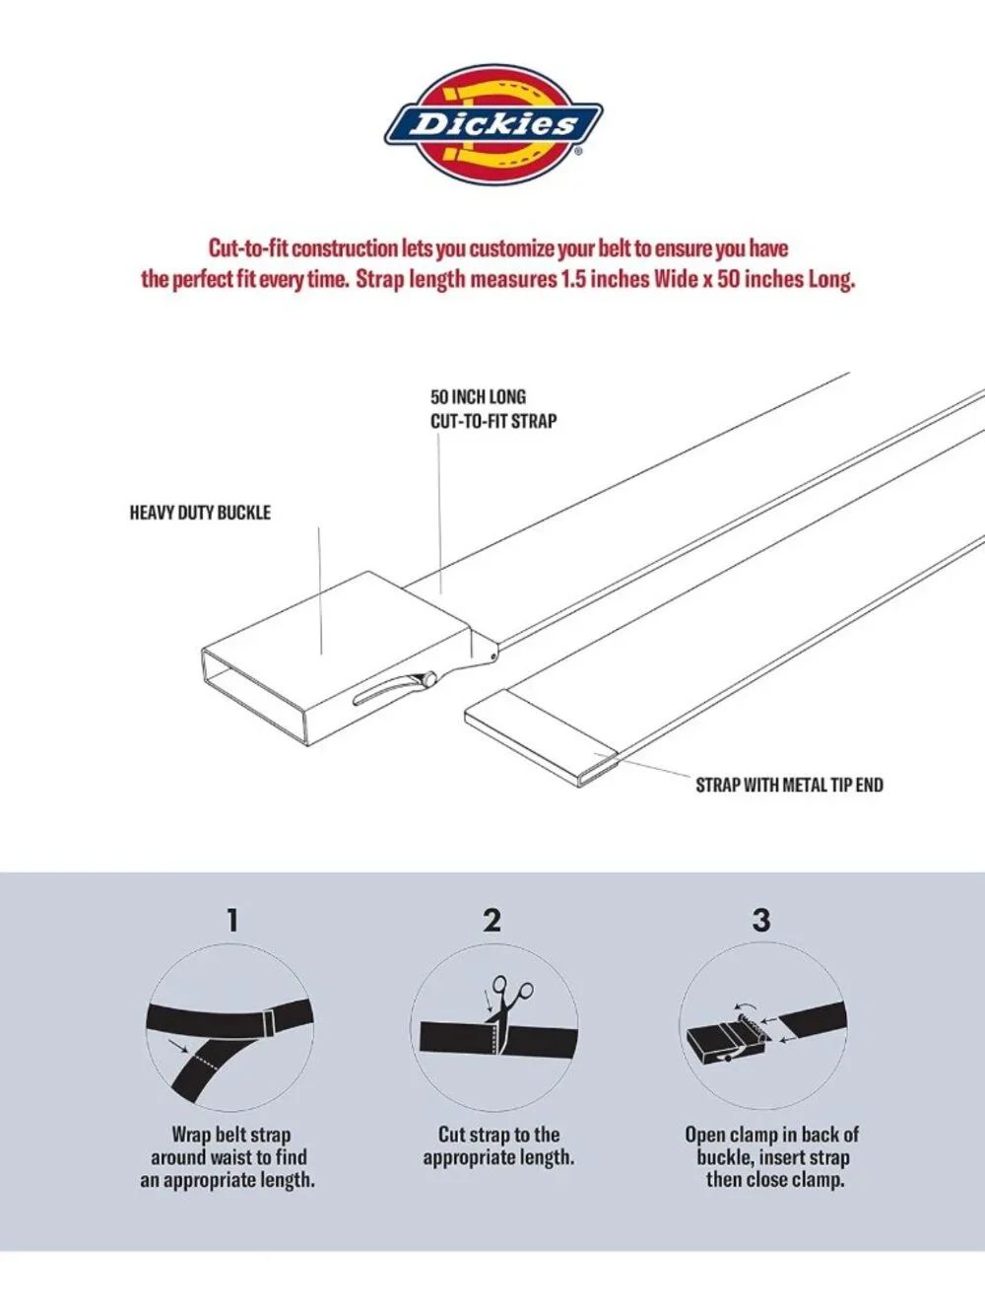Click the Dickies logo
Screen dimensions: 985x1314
point(492,124)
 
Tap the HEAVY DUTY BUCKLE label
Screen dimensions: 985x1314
point(200,513)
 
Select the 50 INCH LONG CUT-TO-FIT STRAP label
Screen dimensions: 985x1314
point(493,409)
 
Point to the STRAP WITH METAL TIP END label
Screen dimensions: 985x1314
point(789,785)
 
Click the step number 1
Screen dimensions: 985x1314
point(232,920)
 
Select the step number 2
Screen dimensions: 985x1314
point(492,920)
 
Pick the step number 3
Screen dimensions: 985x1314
point(760,920)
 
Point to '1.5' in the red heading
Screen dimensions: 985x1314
point(573,280)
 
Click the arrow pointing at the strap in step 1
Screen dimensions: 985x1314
point(177,1046)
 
